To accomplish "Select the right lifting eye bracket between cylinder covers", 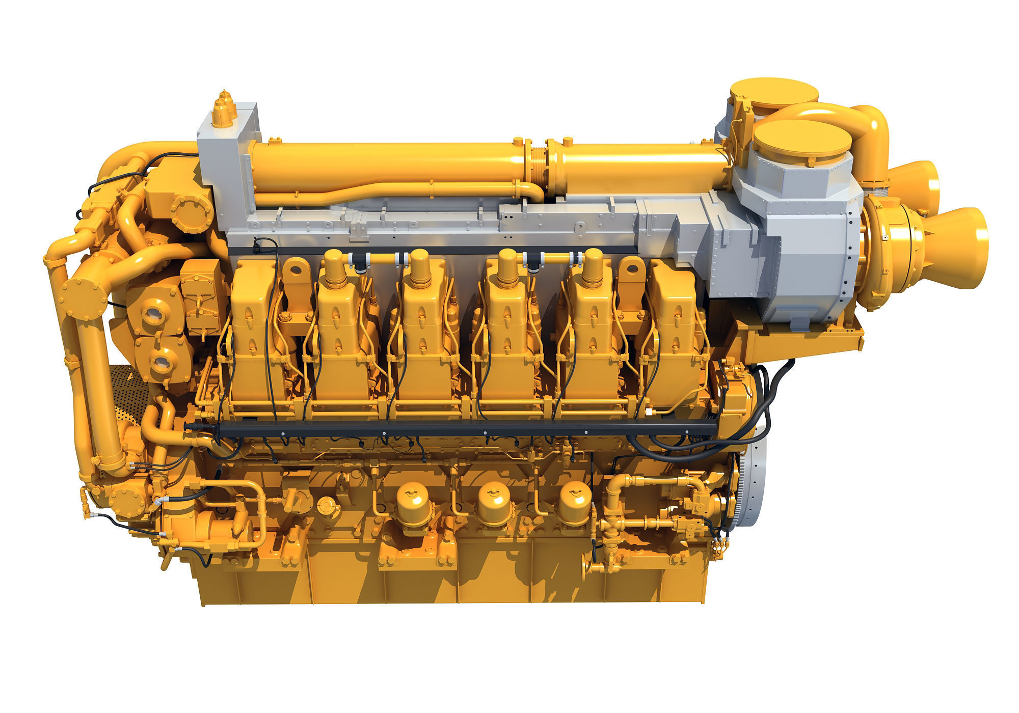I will (x=632, y=278).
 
